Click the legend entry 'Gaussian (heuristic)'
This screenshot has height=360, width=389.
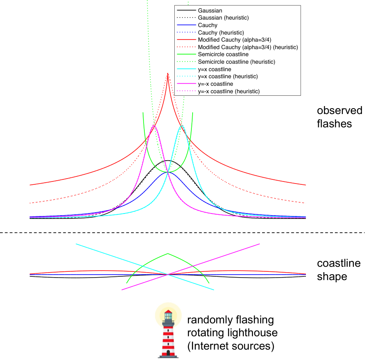pyautogui.click(x=223, y=17)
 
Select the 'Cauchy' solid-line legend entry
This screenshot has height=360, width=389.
pyautogui.click(x=208, y=25)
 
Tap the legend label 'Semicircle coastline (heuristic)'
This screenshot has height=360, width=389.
pyautogui.click(x=236, y=62)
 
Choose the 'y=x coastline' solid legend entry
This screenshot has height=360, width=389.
pyautogui.click(x=215, y=69)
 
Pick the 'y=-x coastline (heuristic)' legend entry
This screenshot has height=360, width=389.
pyautogui.click(x=229, y=91)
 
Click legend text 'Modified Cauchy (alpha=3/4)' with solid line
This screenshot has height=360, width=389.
pyautogui.click(x=235, y=40)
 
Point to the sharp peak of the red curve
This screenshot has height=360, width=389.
pyautogui.click(x=168, y=73)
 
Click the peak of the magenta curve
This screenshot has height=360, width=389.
pyautogui.click(x=154, y=126)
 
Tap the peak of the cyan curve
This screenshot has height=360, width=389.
pyautogui.click(x=182, y=126)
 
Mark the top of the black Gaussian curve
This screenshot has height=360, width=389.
pyautogui.click(x=168, y=161)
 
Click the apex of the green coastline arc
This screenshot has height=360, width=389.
pyautogui.click(x=168, y=253)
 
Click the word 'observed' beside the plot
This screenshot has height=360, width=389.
pyautogui.click(x=339, y=110)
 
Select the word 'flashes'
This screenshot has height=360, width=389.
pyautogui.click(x=334, y=124)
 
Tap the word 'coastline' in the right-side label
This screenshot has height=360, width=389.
pyautogui.click(x=339, y=263)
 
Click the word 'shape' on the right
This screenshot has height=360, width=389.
pyautogui.click(x=332, y=277)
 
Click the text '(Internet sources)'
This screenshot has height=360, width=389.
pyautogui.click(x=231, y=346)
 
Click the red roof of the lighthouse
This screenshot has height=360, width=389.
pyautogui.click(x=168, y=312)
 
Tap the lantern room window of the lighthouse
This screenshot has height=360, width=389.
pyautogui.click(x=168, y=316)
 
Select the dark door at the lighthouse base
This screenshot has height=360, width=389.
pyautogui.click(x=168, y=353)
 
